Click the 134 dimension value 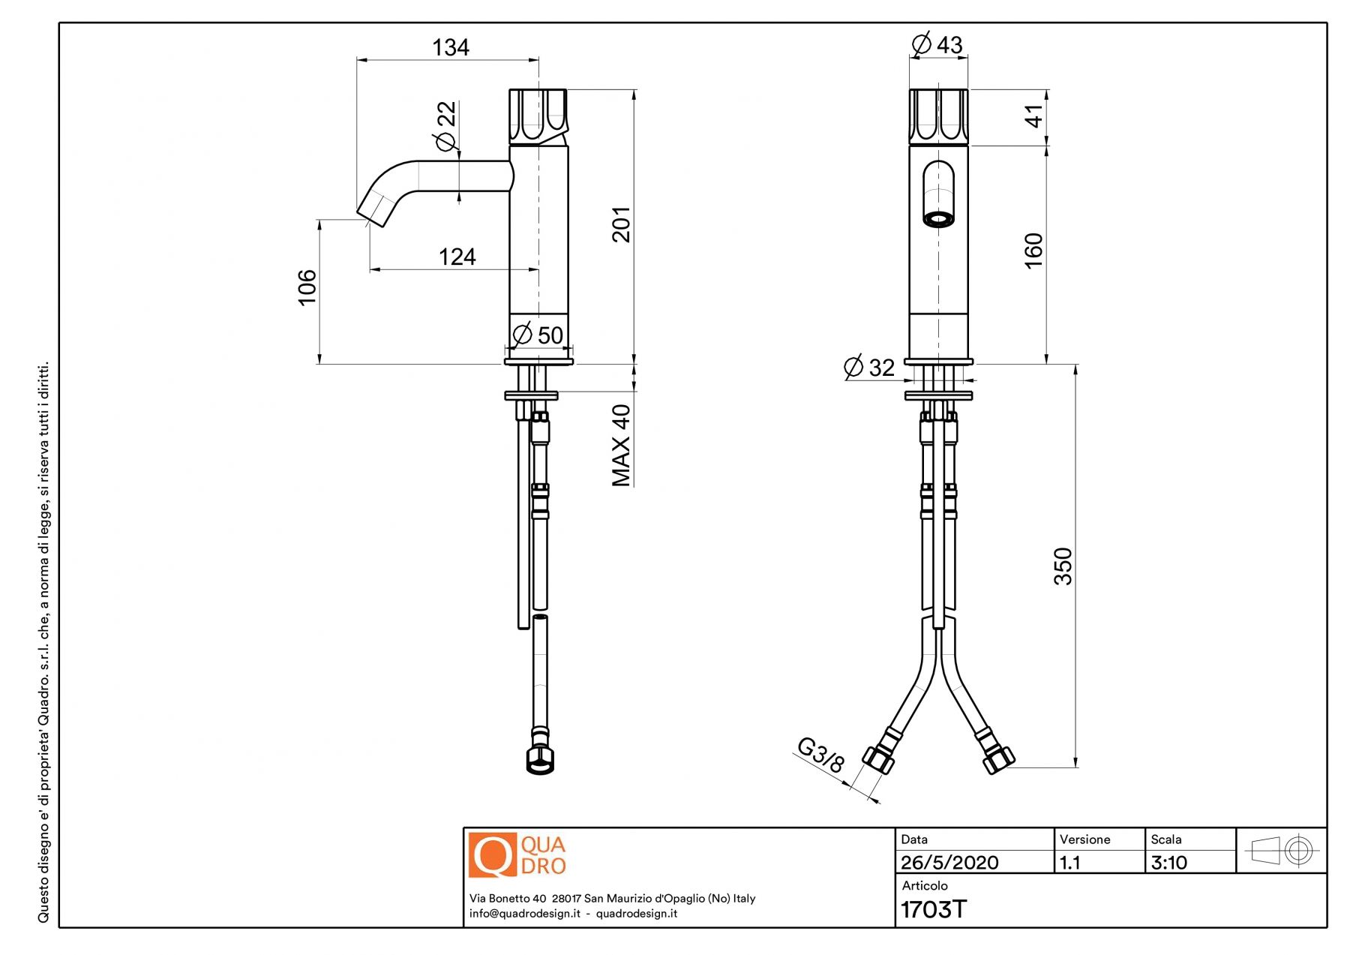451,47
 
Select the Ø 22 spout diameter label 445,125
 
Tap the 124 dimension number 457,257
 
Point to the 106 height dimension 307,287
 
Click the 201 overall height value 622,224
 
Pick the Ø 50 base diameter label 538,335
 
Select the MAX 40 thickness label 622,446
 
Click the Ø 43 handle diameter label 937,44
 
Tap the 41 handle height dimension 1033,116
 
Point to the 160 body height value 1033,251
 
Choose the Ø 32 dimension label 869,368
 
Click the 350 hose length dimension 1063,566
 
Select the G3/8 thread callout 820,755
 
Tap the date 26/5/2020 949,863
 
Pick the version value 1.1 1070,863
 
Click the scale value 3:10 1168,863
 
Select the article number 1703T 934,909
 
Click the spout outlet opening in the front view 938,219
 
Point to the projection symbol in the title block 1281,851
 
